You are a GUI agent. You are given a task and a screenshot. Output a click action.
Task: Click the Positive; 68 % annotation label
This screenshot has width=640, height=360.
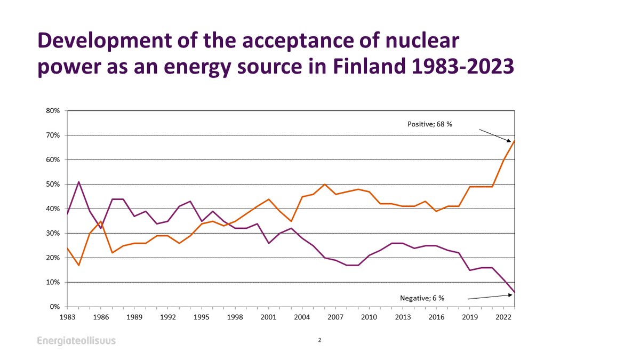pyautogui.click(x=429, y=124)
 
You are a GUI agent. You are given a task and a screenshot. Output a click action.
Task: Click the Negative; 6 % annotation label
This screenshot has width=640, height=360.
pyautogui.click(x=422, y=298)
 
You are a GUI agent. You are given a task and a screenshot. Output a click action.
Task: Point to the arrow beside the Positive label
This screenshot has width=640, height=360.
pyautogui.click(x=496, y=135)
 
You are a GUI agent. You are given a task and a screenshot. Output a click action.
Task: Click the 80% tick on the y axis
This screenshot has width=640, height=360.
pyautogui.click(x=53, y=111)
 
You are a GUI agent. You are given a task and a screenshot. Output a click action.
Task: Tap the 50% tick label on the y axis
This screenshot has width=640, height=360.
pyautogui.click(x=53, y=185)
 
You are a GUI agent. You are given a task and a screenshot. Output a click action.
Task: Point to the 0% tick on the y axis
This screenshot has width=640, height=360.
pyautogui.click(x=55, y=307)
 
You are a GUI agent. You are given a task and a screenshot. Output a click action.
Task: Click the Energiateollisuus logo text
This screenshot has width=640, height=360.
pyautogui.click(x=76, y=341)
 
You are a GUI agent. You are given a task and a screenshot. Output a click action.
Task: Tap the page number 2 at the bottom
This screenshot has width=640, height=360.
pyautogui.click(x=319, y=340)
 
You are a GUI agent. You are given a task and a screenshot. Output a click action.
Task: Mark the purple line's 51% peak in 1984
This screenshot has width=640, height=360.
pyautogui.click(x=79, y=182)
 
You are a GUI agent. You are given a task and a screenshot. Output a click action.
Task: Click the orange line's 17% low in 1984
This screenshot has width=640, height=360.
pyautogui.click(x=79, y=265)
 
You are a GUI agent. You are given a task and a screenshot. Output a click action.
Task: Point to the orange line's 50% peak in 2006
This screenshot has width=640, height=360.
pyautogui.click(x=325, y=185)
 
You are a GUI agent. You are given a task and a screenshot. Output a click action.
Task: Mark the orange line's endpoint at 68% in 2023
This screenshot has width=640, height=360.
pyautogui.click(x=514, y=140)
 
